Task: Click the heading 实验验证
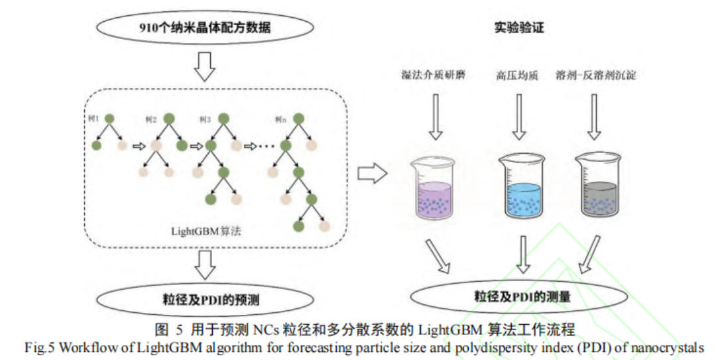pos(519,27)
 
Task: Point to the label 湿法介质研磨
pos(434,74)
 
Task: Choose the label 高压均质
pos(517,75)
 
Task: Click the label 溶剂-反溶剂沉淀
pos(595,75)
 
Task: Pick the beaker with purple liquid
pos(434,188)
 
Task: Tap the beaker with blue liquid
pos(522,186)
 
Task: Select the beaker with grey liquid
pos(598,186)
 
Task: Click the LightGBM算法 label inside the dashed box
pos(206,231)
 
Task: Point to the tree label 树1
pos(93,119)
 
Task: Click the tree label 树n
pos(281,120)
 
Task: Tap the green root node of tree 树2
pos(169,119)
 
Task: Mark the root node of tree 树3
pos(223,119)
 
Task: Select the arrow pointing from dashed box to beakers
pos(372,174)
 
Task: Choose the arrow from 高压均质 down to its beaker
pos(518,117)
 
